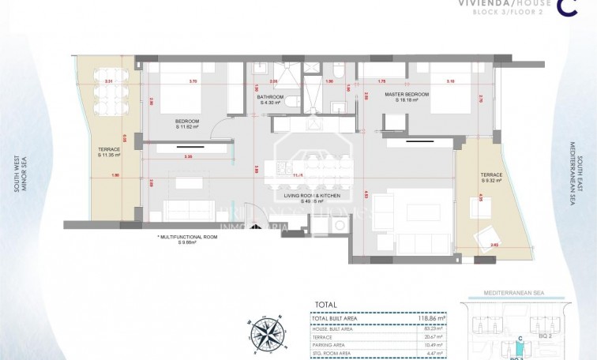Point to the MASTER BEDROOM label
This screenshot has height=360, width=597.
coord(407,97)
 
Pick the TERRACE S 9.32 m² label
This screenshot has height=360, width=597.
coord(491,178)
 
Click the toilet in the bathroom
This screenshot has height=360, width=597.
coord(291,102)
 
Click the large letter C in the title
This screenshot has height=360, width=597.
coord(565,7)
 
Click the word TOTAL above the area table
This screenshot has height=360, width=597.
coord(325,304)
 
